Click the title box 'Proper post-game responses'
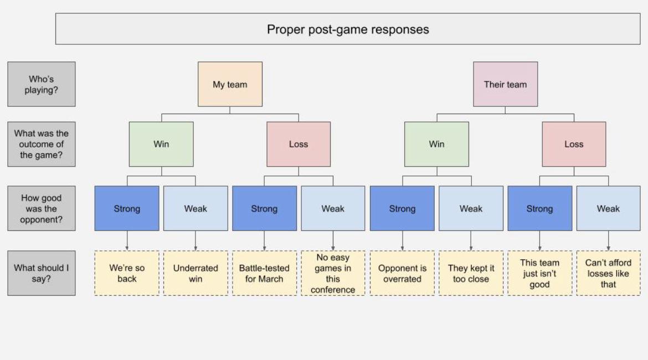(x=348, y=29)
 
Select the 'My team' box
(x=230, y=84)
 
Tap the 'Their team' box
(x=505, y=84)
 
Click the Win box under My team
(x=161, y=144)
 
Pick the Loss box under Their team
(x=574, y=144)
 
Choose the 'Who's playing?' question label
(x=42, y=84)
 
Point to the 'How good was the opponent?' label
(x=42, y=209)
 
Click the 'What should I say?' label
(x=42, y=273)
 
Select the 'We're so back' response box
(x=127, y=273)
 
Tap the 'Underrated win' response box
(x=196, y=273)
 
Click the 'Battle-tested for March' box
(x=264, y=273)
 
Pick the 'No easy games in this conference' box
(x=333, y=273)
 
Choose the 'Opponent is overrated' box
(x=402, y=273)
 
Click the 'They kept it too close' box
(x=471, y=273)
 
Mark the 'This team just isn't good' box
(x=539, y=273)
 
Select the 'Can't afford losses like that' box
(x=608, y=273)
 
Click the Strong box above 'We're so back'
(x=127, y=209)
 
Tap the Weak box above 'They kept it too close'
(x=471, y=209)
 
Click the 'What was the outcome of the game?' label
(x=42, y=144)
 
